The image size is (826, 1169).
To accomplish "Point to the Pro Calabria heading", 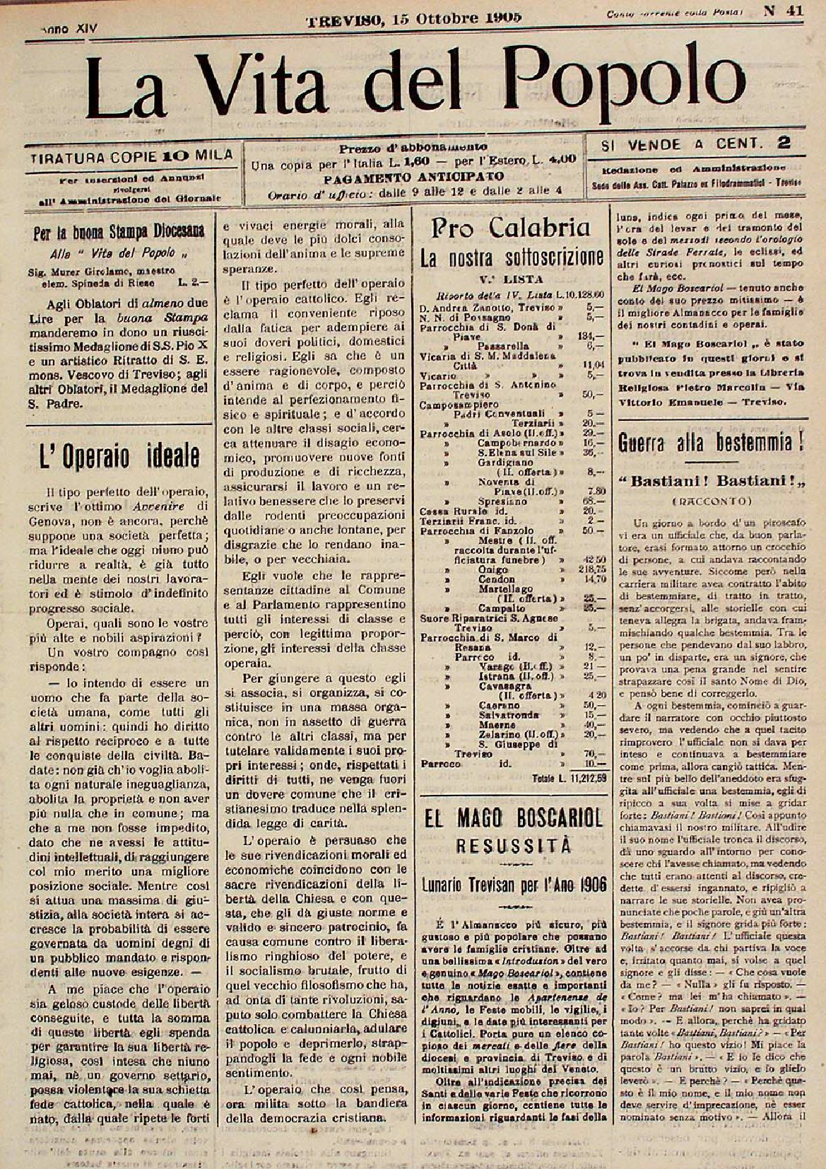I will (512, 227).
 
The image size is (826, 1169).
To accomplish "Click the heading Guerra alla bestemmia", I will (712, 444).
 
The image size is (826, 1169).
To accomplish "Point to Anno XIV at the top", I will (69, 29).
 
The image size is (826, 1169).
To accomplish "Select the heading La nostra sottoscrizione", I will (512, 257).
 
